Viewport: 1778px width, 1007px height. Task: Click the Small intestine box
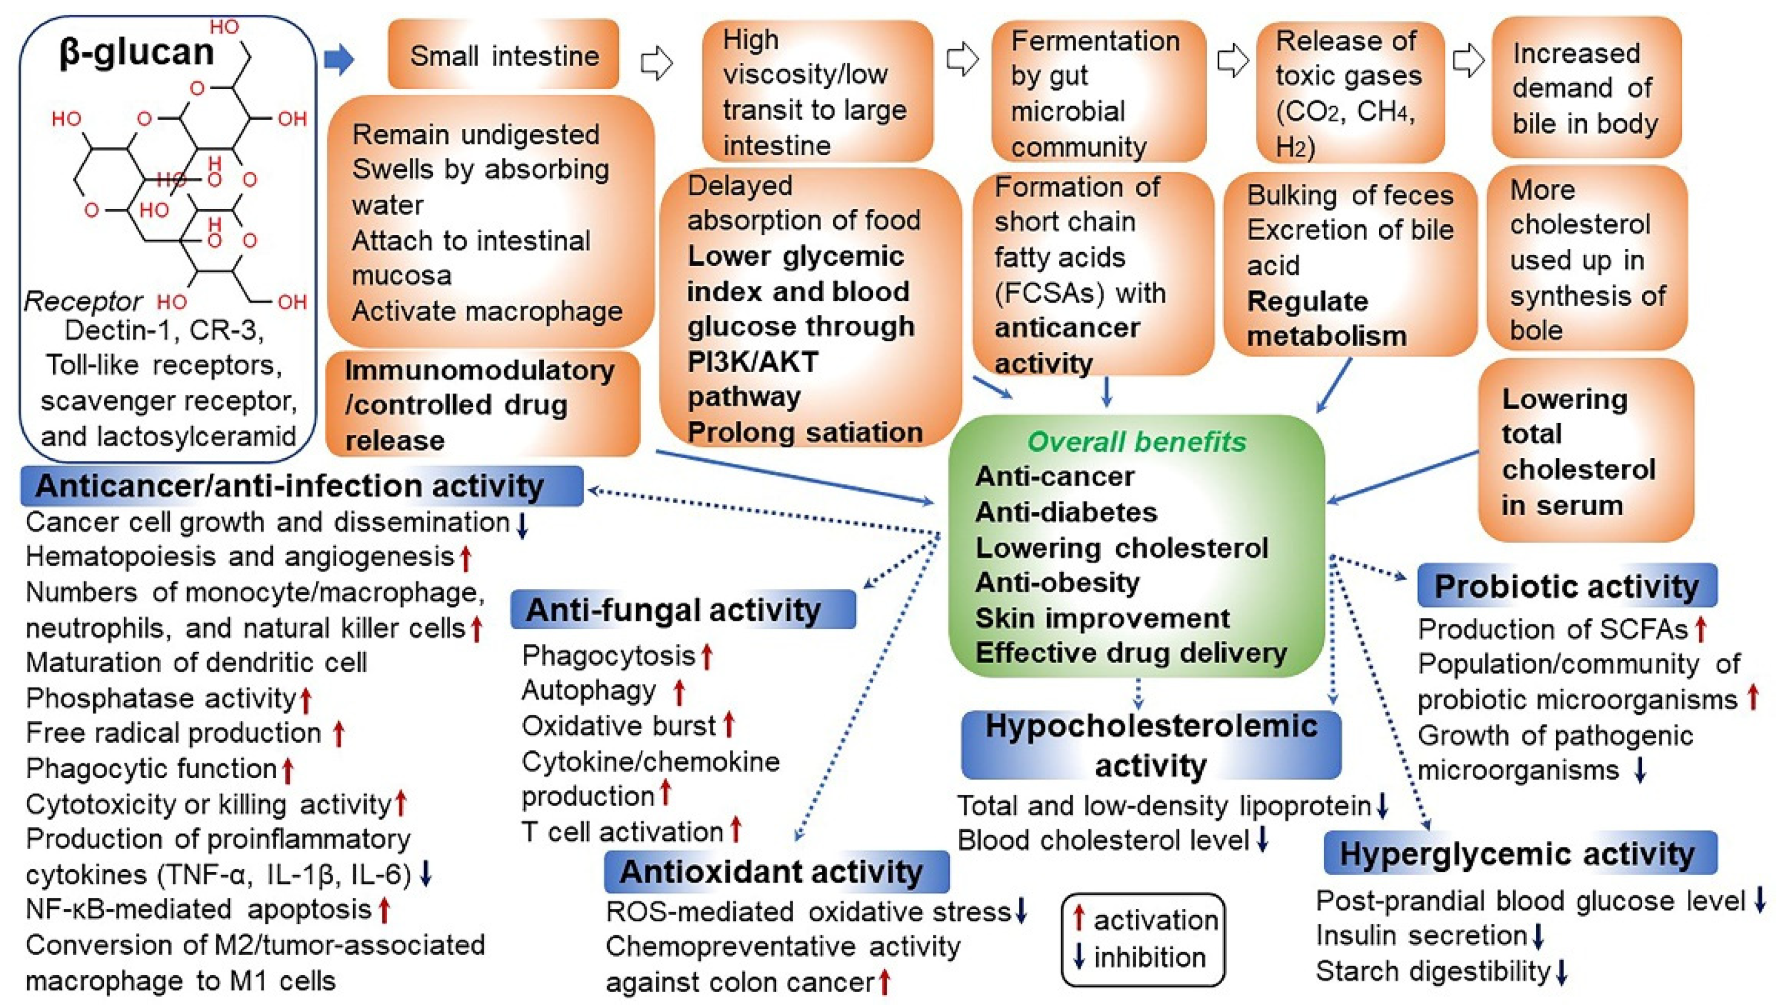tap(503, 55)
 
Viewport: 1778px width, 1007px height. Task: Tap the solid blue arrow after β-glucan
tap(340, 60)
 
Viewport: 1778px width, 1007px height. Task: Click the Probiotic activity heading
tap(1566, 586)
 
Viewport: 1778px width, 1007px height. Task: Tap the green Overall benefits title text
tap(1136, 441)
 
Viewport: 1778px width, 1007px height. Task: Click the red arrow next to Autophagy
tap(679, 691)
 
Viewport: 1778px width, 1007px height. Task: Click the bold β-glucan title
tap(137, 52)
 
